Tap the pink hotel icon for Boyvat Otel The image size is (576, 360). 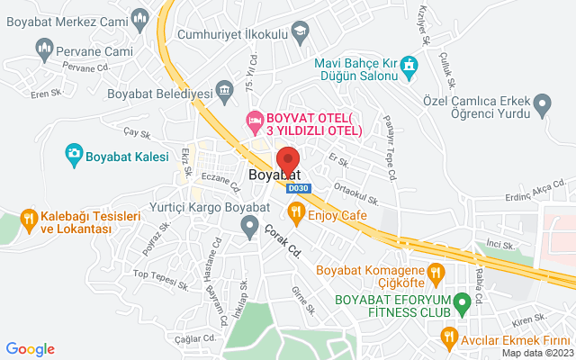255,119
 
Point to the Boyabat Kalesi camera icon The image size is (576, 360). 73,156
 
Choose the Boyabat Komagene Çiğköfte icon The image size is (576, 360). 436,270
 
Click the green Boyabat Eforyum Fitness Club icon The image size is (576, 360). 463,301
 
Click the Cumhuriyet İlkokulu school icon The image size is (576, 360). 299,33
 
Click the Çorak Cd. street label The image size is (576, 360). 283,241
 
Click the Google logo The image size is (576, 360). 30,349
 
